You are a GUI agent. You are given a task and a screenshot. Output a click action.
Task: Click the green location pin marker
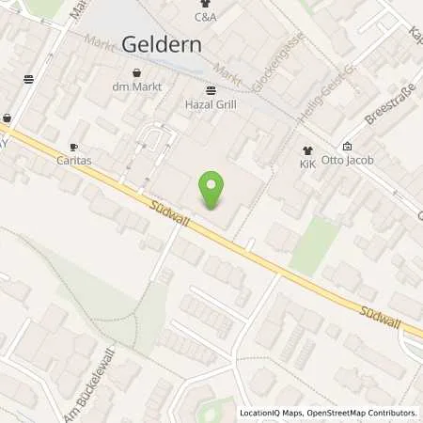click(x=212, y=189)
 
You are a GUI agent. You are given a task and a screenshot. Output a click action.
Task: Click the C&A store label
click(x=205, y=17)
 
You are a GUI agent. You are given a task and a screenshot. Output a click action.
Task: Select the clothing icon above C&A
click(x=205, y=3)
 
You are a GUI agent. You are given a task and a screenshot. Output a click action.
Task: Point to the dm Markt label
click(x=137, y=87)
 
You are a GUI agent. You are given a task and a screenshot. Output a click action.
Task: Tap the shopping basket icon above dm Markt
click(x=137, y=72)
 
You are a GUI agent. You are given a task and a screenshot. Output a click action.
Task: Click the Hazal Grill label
click(x=210, y=106)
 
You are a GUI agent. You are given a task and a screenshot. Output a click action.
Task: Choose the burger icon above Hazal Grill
click(x=210, y=91)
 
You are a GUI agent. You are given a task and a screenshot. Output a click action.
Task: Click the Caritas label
click(x=73, y=162)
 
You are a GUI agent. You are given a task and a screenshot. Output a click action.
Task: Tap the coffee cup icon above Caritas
click(x=73, y=147)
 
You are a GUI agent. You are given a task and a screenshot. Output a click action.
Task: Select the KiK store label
click(x=307, y=164)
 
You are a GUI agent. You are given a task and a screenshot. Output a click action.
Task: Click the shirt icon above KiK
click(x=307, y=149)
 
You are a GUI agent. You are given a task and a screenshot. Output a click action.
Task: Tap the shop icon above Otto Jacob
click(x=347, y=146)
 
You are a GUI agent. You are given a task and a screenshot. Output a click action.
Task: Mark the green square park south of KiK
click(x=314, y=245)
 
